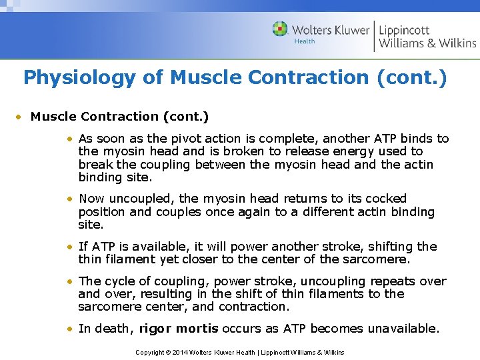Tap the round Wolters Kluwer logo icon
[x=281, y=29]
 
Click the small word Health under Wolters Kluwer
[x=305, y=41]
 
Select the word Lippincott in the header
[x=404, y=29]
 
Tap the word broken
[x=230, y=151]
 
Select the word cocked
[x=383, y=199]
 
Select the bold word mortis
[x=199, y=329]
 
